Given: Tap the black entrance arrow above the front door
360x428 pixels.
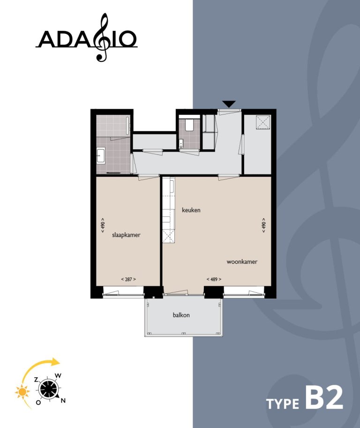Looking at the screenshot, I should pos(229,104).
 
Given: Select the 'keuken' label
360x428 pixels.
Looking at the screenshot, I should pos(191,210).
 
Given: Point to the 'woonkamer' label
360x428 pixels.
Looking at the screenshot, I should pos(242,262).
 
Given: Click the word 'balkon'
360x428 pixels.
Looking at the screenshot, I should pos(181,315).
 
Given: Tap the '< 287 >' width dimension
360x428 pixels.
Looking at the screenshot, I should pos(128,279).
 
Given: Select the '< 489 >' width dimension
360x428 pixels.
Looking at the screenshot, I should pos(214,279).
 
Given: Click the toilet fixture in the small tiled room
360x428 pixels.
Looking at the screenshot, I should pos(189,124).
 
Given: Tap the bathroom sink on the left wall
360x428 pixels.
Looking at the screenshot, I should pos(100,155).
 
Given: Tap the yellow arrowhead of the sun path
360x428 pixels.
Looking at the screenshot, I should pos(56,362).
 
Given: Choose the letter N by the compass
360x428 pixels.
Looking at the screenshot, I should pos(63,400).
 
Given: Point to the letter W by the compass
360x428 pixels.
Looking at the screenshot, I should pos(58,375).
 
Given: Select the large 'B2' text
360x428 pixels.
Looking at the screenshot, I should pos(324,397).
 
